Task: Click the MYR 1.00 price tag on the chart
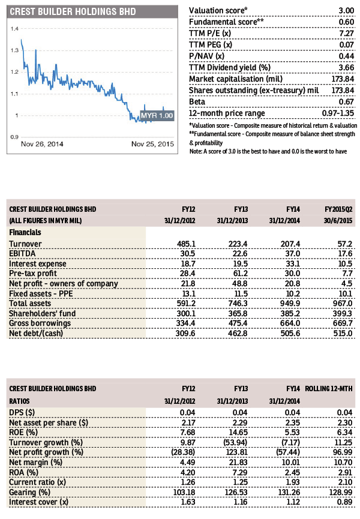coord(157,116)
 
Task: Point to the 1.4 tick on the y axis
coord(14,29)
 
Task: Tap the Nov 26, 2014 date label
coord(42,144)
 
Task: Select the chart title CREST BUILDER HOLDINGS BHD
coord(73,11)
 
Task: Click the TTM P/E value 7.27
coord(346,34)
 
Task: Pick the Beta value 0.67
coord(346,102)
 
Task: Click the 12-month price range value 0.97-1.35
coord(338,113)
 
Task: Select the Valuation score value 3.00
coord(346,11)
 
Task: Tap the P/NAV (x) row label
coord(206,56)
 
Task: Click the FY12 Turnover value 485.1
coord(186,244)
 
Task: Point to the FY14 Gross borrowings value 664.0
coord(290,323)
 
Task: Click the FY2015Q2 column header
coord(338,209)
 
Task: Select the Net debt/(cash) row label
coord(36,333)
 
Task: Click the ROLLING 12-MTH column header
coord(329,389)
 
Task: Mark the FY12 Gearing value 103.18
coord(184,492)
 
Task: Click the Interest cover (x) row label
coord(39,502)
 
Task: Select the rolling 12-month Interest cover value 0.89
coord(344,502)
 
